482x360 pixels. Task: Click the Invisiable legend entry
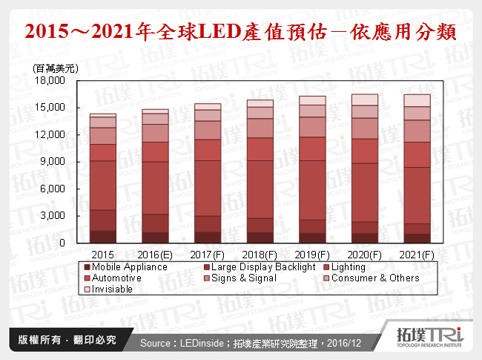112,289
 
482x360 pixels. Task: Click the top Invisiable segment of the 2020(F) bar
364,99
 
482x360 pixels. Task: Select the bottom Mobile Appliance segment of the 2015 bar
103,237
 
